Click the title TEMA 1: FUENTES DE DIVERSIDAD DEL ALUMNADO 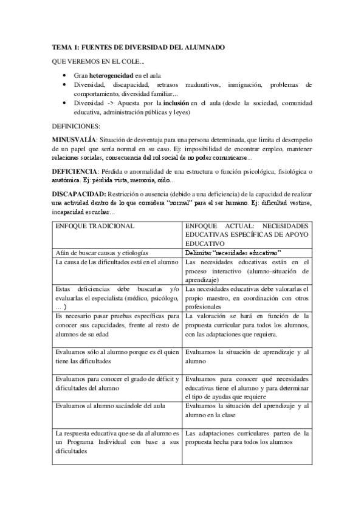[x=139, y=47]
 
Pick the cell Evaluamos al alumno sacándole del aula [x=106, y=406]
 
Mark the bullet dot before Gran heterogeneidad [x=66, y=75]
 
